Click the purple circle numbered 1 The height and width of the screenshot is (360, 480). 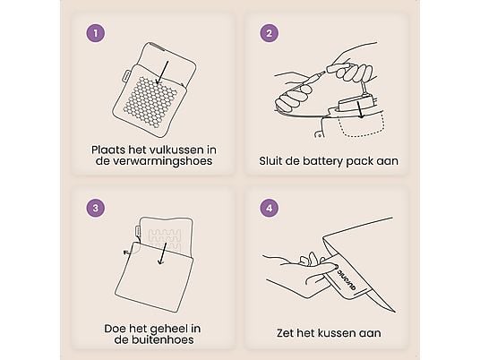pyautogui.click(x=96, y=33)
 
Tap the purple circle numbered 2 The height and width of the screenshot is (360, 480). pyautogui.click(x=270, y=33)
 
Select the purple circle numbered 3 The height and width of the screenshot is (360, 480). pyautogui.click(x=96, y=208)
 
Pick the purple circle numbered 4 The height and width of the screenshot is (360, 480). pyautogui.click(x=270, y=208)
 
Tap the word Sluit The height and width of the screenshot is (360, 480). pyautogui.click(x=269, y=161)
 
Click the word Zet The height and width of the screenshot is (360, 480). pyautogui.click(x=286, y=333)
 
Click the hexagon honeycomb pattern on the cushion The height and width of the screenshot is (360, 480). pyautogui.click(x=150, y=96)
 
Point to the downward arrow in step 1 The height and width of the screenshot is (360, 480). pyautogui.click(x=163, y=73)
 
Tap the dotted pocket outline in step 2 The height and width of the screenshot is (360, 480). pyautogui.click(x=362, y=124)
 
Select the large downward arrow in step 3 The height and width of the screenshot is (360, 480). pyautogui.click(x=163, y=253)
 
